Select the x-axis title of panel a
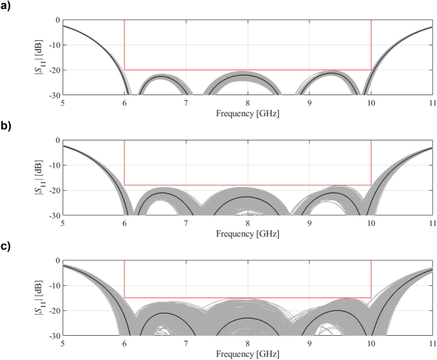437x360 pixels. click(248, 113)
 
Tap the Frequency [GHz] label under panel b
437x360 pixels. click(248, 233)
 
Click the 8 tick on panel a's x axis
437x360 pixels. click(248, 102)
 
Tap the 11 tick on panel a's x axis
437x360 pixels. click(432, 102)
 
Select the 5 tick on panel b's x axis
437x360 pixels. click(63, 222)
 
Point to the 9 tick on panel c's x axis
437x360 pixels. click(309, 342)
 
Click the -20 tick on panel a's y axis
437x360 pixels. click(54, 70)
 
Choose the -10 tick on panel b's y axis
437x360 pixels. click(54, 165)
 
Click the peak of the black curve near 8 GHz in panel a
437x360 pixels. click(247, 75)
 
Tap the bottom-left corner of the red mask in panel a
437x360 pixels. click(124, 70)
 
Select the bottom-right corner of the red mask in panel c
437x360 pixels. click(371, 297)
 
